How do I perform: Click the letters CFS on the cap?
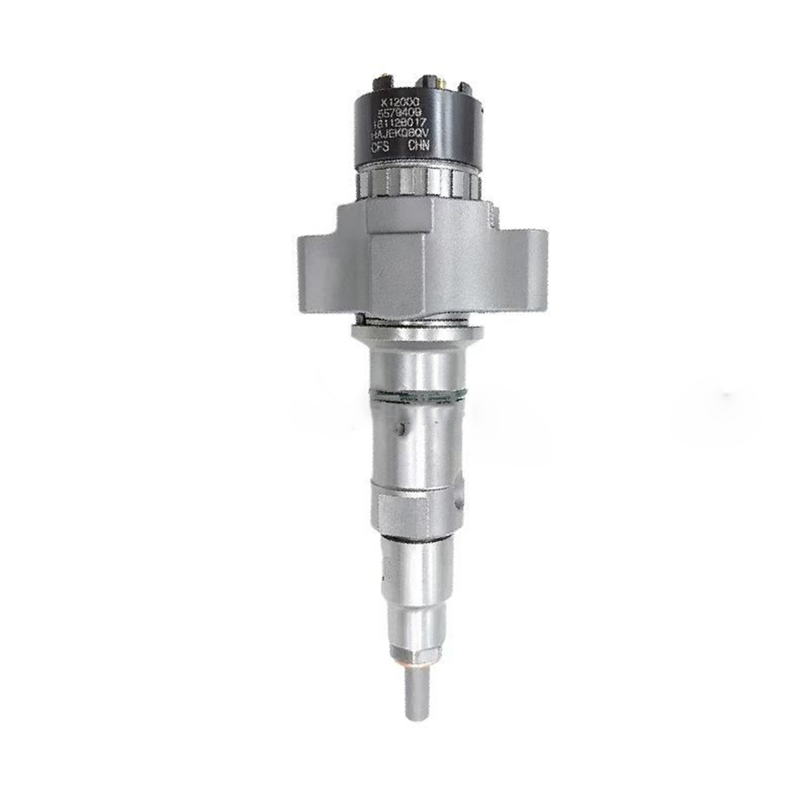pos(380,148)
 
